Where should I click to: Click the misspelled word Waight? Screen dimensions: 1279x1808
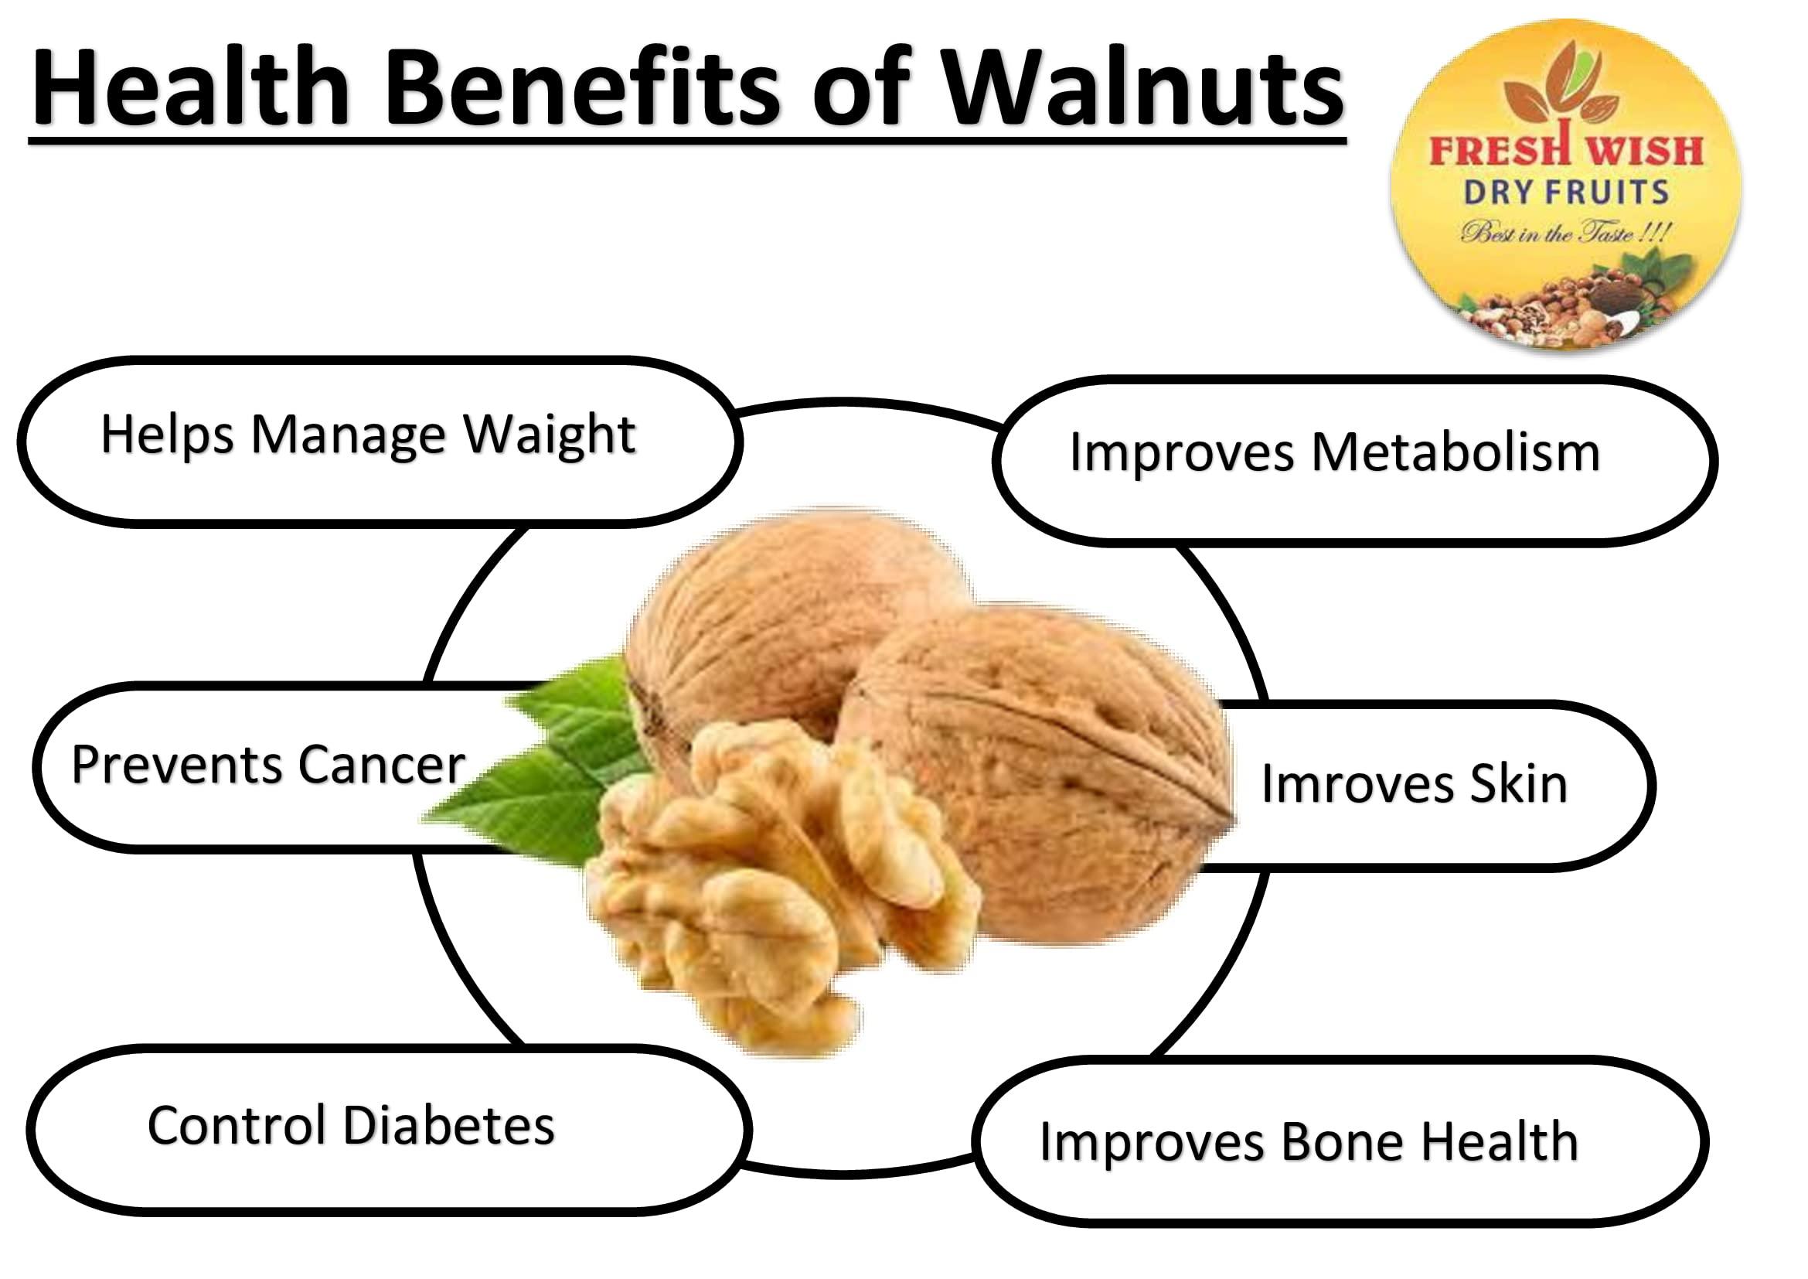549,435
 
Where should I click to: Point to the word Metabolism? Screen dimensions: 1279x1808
1456,453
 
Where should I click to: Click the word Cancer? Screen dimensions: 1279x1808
381,765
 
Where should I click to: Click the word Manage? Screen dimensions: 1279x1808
348,435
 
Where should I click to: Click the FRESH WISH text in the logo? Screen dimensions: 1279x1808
1565,150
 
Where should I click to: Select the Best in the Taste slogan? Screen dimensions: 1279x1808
1565,233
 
